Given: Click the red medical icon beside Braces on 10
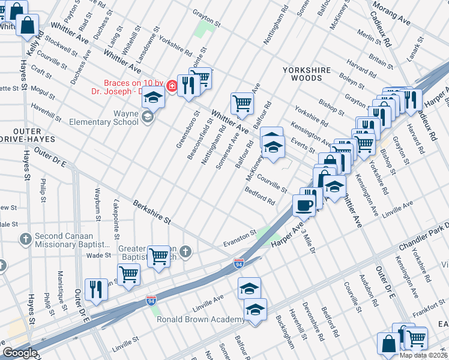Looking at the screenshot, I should (172, 86).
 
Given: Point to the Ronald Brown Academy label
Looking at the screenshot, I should (200, 319).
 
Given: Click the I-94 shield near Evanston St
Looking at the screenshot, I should (238, 263).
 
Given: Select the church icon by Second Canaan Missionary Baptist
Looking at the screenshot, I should (25, 239).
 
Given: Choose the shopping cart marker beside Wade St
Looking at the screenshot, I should (159, 256).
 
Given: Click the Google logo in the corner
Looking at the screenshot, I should (20, 353).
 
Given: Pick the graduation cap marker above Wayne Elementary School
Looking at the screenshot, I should (153, 98).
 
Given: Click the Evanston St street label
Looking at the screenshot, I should (241, 233).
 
